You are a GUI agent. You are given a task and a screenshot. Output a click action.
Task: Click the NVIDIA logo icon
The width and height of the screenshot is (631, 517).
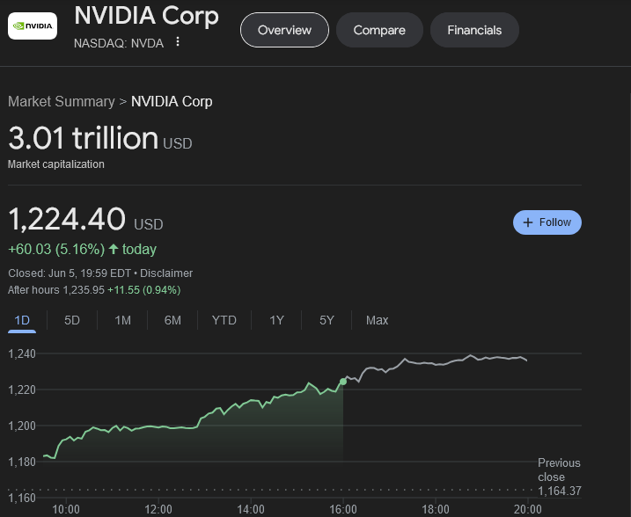(x=32, y=26)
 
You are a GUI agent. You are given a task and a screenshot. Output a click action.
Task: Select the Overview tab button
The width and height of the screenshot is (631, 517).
(x=284, y=30)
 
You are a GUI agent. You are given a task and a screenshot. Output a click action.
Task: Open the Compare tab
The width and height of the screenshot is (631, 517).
(x=379, y=30)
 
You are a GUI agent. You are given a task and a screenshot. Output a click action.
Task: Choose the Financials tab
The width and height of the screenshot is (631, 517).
(x=474, y=30)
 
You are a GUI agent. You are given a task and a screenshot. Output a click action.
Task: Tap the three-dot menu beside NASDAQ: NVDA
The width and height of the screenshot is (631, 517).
(x=178, y=42)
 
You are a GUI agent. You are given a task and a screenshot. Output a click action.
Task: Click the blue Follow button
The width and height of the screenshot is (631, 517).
(x=547, y=222)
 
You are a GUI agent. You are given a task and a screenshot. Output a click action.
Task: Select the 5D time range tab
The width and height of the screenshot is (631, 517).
(x=72, y=320)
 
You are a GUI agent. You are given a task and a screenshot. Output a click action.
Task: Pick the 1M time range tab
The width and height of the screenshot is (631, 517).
(x=122, y=320)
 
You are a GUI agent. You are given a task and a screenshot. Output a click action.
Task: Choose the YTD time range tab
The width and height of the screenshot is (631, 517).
(x=224, y=320)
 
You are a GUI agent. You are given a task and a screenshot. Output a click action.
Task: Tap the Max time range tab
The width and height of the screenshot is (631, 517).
(x=377, y=320)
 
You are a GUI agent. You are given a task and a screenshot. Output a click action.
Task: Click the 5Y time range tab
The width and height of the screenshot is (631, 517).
(x=327, y=320)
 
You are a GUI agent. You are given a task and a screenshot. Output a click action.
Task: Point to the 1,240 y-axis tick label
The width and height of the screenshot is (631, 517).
(x=21, y=353)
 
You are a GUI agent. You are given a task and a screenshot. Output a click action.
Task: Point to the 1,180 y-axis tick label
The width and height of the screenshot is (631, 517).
(x=21, y=462)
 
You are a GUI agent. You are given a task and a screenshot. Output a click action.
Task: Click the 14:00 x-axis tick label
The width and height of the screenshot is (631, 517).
(x=251, y=508)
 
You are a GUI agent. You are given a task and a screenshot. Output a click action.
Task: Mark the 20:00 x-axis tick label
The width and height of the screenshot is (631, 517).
(x=527, y=508)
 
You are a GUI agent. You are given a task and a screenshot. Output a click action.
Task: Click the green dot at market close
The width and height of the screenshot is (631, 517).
(x=343, y=382)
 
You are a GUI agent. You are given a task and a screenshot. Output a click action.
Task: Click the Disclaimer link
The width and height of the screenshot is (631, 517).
(x=172, y=273)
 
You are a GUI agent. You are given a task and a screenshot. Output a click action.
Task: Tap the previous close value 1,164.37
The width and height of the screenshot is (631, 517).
(x=560, y=491)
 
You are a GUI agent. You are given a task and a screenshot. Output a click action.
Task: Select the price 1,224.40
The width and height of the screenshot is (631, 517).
(x=67, y=219)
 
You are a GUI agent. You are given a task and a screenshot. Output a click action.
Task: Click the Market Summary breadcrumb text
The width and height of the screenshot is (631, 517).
(x=61, y=101)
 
